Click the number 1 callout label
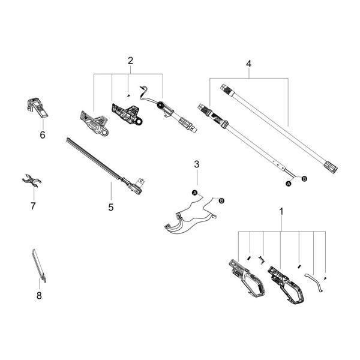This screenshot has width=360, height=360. [x=281, y=211]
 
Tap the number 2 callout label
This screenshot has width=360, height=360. [x=130, y=60]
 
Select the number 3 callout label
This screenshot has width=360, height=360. [x=196, y=164]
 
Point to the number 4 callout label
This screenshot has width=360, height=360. [x=248, y=62]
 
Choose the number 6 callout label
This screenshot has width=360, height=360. [x=42, y=135]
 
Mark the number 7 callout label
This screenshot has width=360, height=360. [x=33, y=206]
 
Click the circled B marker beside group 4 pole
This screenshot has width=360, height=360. [x=304, y=179]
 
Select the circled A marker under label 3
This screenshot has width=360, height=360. [x=194, y=192]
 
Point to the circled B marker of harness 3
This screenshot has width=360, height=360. [x=221, y=200]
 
